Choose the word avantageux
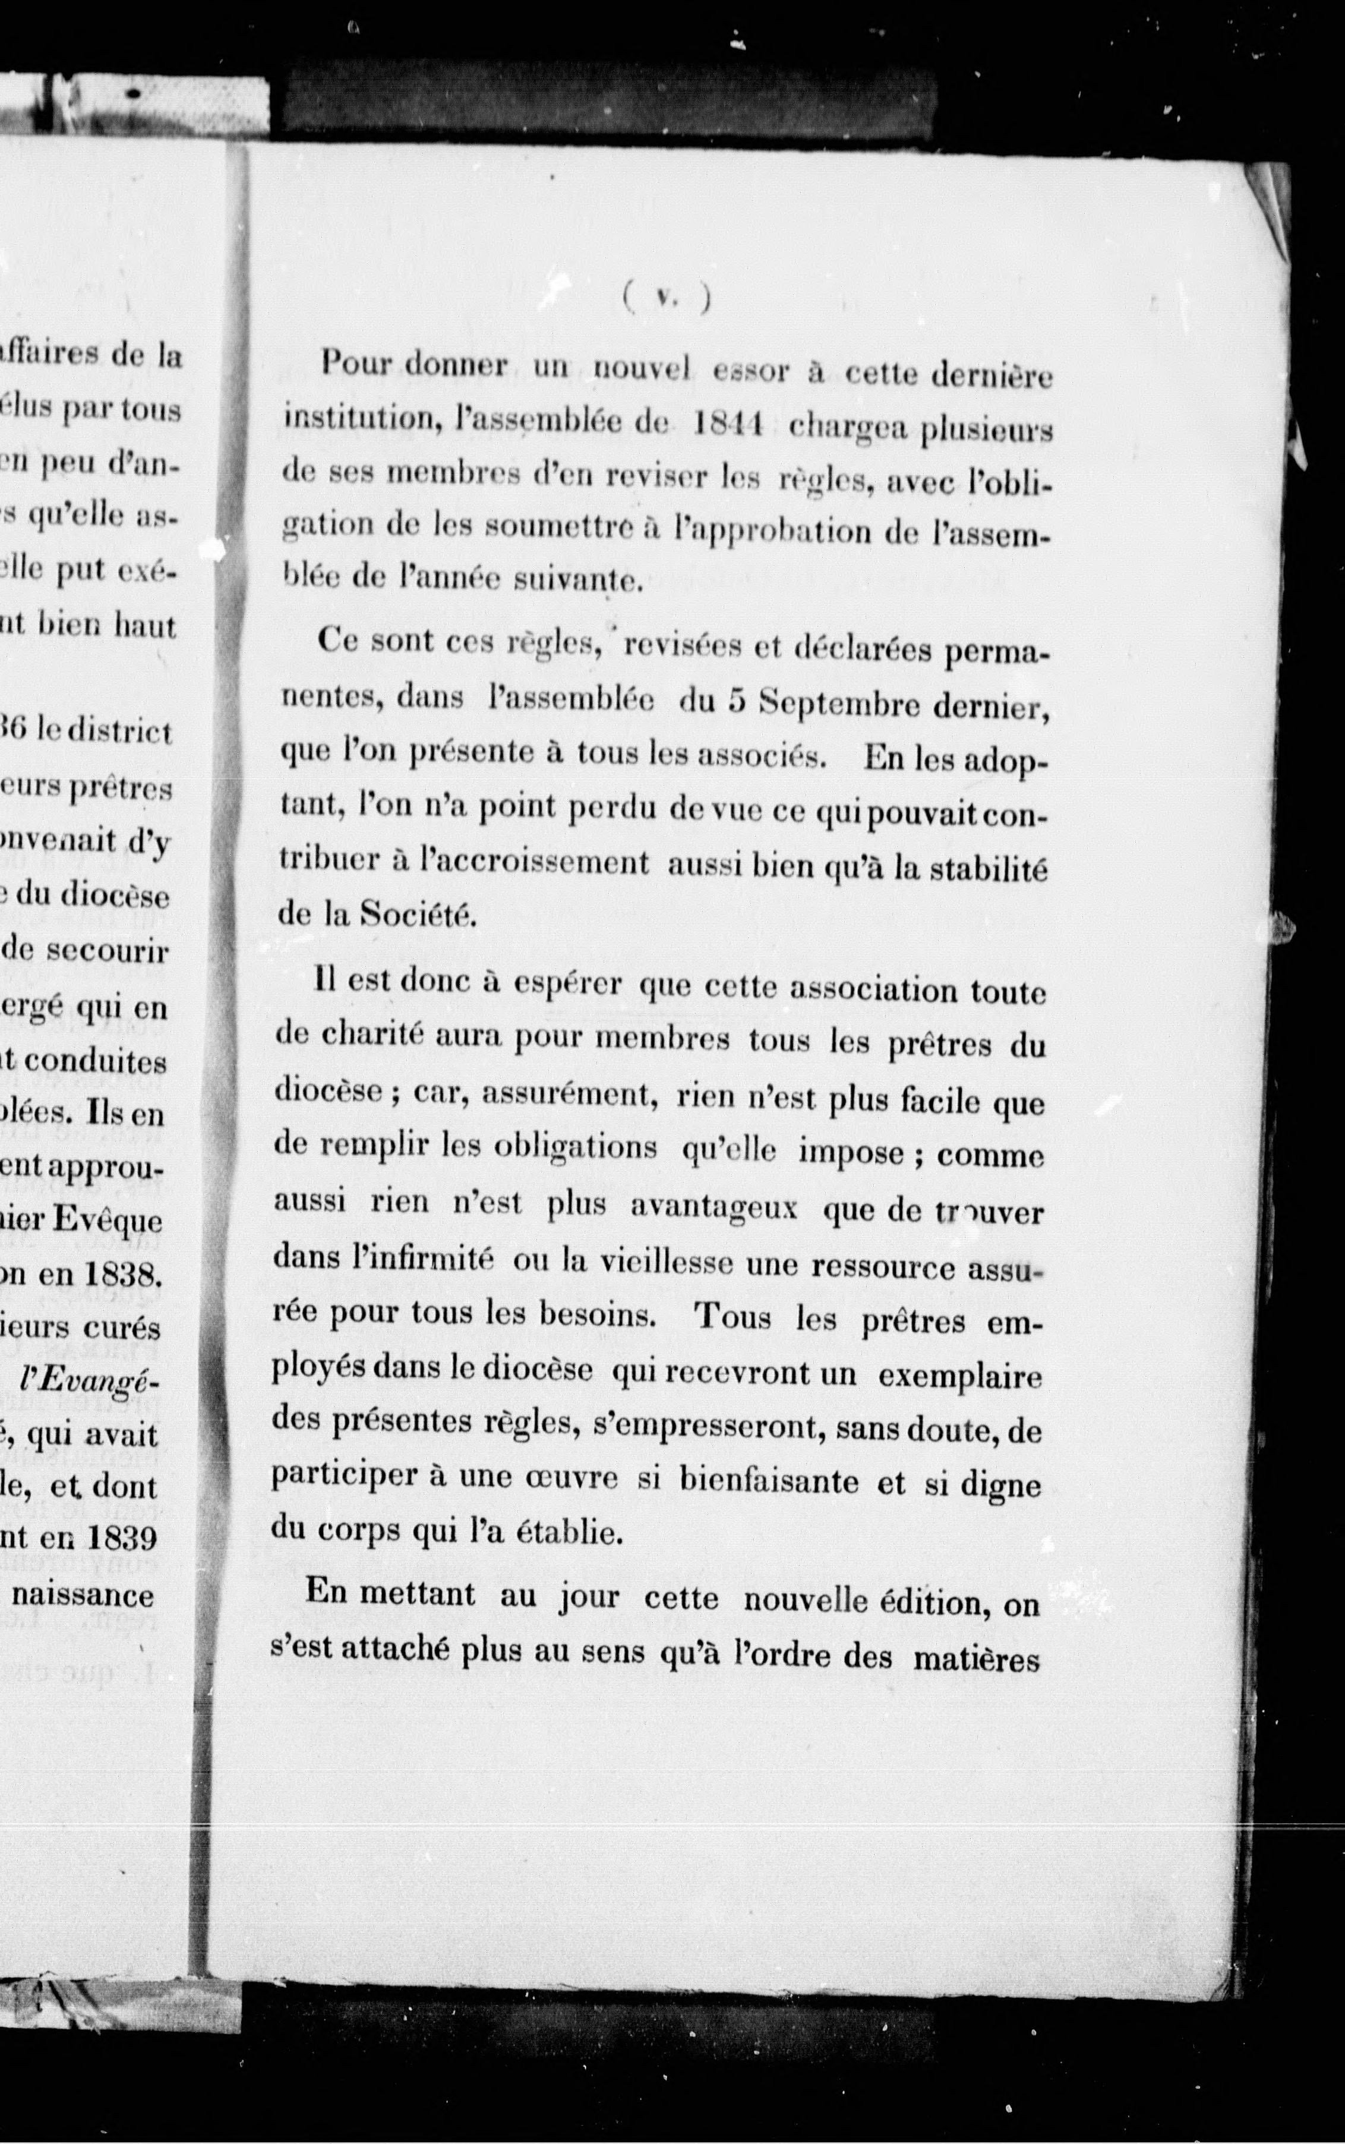coord(712,1206)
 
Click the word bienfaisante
coord(769,1480)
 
